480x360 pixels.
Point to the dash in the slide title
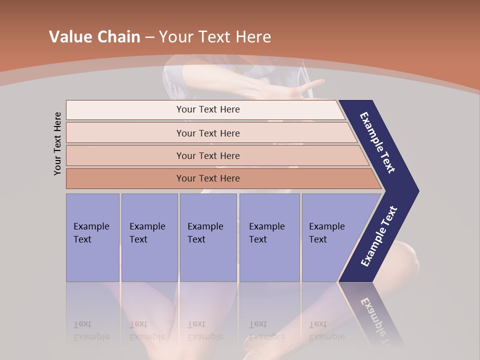[x=149, y=37]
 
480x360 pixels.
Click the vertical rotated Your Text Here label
[x=57, y=144]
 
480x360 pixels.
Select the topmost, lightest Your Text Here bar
[x=207, y=109]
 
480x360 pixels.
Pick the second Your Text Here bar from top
[x=207, y=133]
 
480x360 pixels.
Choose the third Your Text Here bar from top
[x=207, y=155]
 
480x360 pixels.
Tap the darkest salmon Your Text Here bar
[x=207, y=178]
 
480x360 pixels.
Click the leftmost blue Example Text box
[x=92, y=237]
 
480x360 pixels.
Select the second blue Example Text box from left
[x=149, y=237]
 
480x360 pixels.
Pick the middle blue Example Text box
[x=208, y=237]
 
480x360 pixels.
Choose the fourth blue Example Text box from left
[x=269, y=237]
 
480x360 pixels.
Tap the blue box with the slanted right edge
[x=330, y=237]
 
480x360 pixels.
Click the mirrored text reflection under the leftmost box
[x=91, y=330]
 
